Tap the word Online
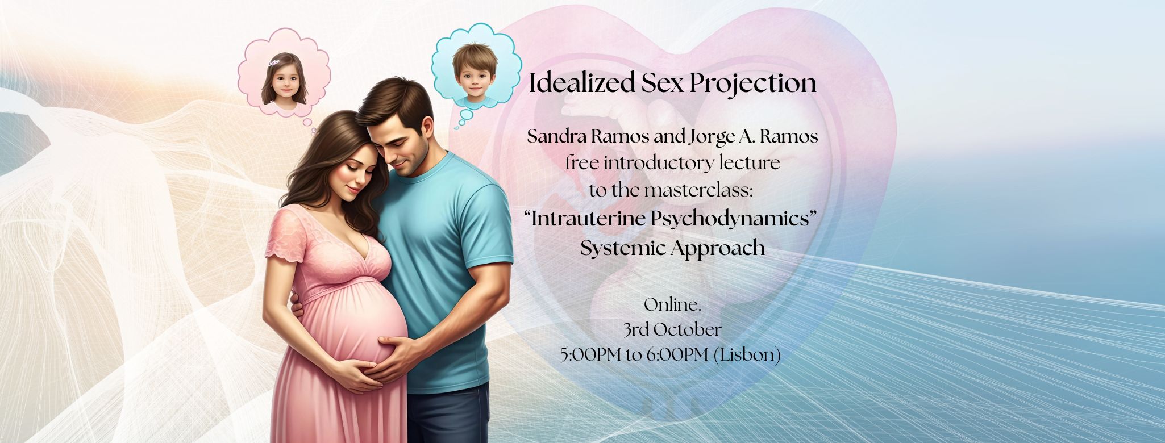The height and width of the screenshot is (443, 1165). [671, 305]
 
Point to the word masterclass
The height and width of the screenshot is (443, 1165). [698, 191]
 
